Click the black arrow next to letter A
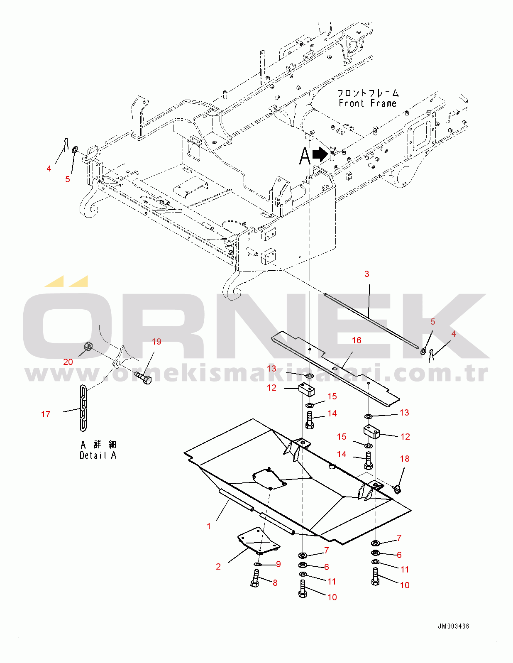coord(320,155)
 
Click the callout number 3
coord(366,274)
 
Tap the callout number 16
coord(357,340)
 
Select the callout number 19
coord(156,342)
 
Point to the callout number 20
coord(68,362)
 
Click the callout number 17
coord(46,414)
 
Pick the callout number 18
coord(405,459)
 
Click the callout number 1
coord(209,526)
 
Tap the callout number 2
coord(218,567)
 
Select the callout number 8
coord(275,583)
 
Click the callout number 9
coord(278,564)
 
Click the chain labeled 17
coord(83,408)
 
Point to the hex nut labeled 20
coord(88,346)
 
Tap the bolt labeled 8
coord(255,578)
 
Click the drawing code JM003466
coord(453,626)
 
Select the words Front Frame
coord(367,103)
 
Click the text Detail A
coord(98,455)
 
